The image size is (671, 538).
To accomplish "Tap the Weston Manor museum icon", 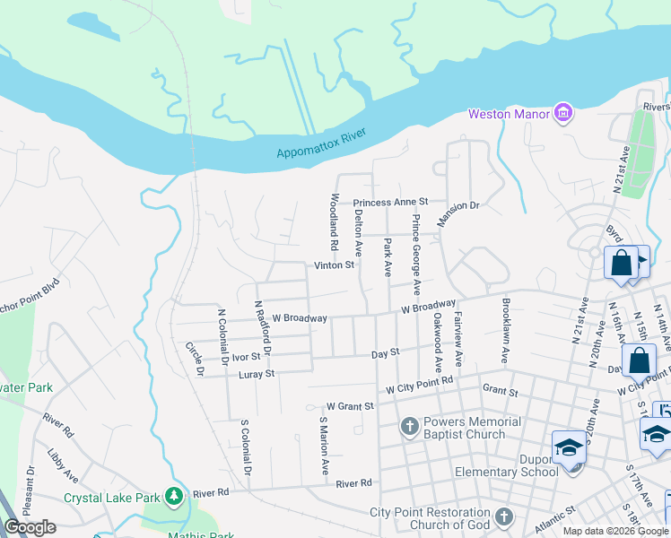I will coord(563,113).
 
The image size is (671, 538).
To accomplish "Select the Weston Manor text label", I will coord(509,114).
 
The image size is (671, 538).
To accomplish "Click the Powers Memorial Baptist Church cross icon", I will coord(409,426).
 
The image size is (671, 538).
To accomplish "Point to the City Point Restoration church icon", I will coord(503,516).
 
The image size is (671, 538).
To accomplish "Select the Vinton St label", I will coord(335,265).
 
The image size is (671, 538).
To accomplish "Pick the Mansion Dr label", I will coord(458,213).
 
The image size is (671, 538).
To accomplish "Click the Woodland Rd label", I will coord(334,221).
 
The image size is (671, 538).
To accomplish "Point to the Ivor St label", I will coord(245,357).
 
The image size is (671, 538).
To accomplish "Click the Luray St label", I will coord(256,373).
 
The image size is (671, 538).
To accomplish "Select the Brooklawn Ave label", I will coord(506,330).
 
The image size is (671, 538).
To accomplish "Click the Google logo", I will coord(30,527).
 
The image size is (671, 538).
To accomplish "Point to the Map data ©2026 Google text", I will coord(614,531).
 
